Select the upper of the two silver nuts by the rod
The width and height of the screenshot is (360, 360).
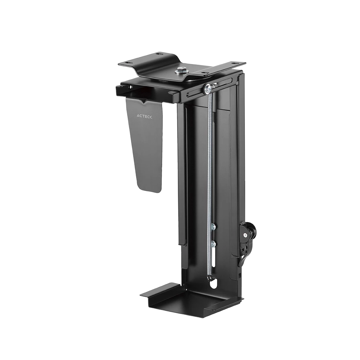[213, 226]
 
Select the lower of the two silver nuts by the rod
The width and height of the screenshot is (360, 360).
[213, 244]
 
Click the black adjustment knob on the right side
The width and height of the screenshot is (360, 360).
[250, 231]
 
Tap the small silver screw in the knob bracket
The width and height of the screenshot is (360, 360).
[246, 235]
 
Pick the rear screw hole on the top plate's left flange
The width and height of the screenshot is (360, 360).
[157, 54]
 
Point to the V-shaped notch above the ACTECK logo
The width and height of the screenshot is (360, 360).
[144, 103]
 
